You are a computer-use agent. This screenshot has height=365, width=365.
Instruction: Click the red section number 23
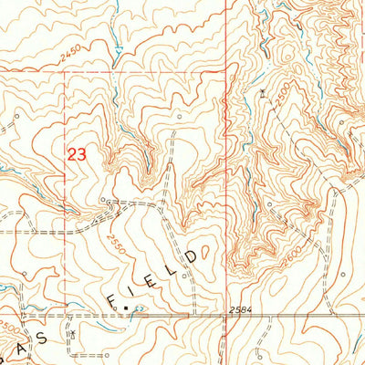(x=76, y=154)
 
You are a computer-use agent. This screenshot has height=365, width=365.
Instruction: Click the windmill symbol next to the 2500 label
(x=262, y=93)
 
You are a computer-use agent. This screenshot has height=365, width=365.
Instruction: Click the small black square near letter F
(x=127, y=311)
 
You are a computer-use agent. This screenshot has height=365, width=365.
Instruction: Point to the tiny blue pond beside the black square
(x=138, y=310)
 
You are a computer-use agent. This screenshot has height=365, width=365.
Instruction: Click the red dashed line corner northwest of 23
(x=65, y=73)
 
